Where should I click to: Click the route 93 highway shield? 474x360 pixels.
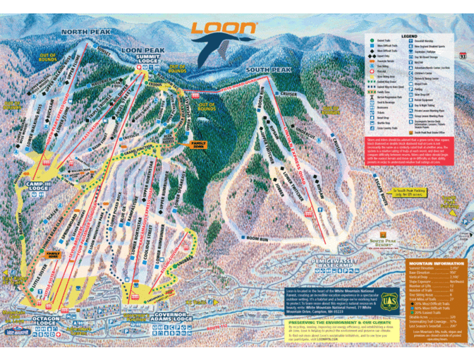[x=462, y=54]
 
